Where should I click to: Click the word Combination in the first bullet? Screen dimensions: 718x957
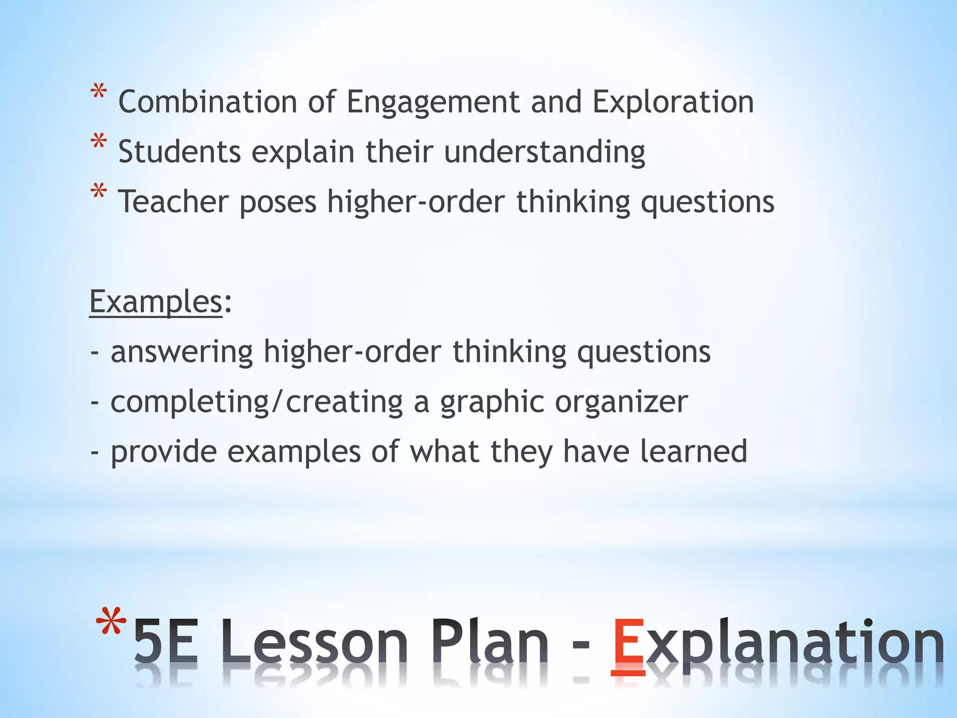tap(207, 102)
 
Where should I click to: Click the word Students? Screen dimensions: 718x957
tap(179, 152)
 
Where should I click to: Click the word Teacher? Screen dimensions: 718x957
tap(173, 202)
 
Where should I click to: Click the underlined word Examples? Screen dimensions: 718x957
tap(156, 302)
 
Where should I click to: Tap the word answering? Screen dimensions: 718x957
tap(182, 352)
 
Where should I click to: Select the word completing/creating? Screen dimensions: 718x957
tap(257, 402)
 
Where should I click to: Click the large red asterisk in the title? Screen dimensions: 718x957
tap(111, 622)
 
